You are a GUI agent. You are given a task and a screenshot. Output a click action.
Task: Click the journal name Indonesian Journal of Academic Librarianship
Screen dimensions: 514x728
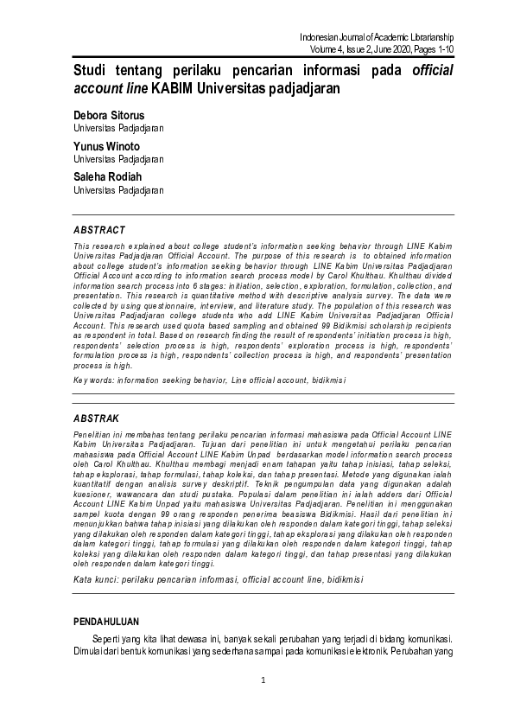[x=376, y=37]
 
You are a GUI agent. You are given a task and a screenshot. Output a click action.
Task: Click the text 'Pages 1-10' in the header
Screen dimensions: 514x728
[x=431, y=49]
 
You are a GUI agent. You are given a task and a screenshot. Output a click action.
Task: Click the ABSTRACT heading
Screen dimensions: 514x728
[x=99, y=231]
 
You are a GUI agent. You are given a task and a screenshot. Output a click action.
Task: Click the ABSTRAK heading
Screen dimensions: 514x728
[x=97, y=418]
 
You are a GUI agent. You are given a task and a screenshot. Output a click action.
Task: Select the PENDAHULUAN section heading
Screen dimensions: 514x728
[x=106, y=622]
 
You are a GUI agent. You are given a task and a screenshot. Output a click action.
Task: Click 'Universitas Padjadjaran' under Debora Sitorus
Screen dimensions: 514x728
[x=118, y=128]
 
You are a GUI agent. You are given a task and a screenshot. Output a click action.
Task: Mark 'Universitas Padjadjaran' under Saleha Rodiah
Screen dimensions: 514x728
[x=118, y=190]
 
